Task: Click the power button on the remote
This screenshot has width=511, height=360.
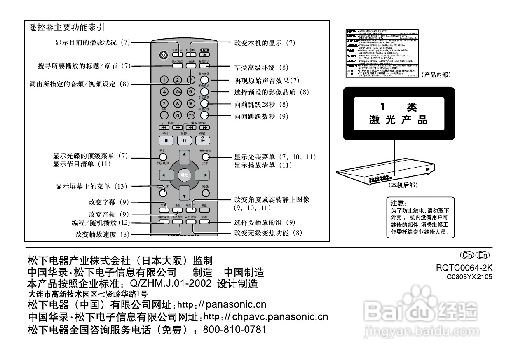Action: click(164, 55)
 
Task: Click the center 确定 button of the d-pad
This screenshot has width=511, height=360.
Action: click(185, 175)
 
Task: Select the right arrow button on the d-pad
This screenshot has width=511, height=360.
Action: click(203, 175)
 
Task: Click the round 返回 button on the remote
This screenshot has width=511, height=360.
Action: click(205, 192)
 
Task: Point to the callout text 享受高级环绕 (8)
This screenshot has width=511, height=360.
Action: click(260, 67)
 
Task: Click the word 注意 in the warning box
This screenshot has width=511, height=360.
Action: click(398, 203)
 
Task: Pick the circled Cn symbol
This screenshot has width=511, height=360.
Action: click(469, 255)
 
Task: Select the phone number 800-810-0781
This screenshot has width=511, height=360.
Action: click(235, 330)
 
